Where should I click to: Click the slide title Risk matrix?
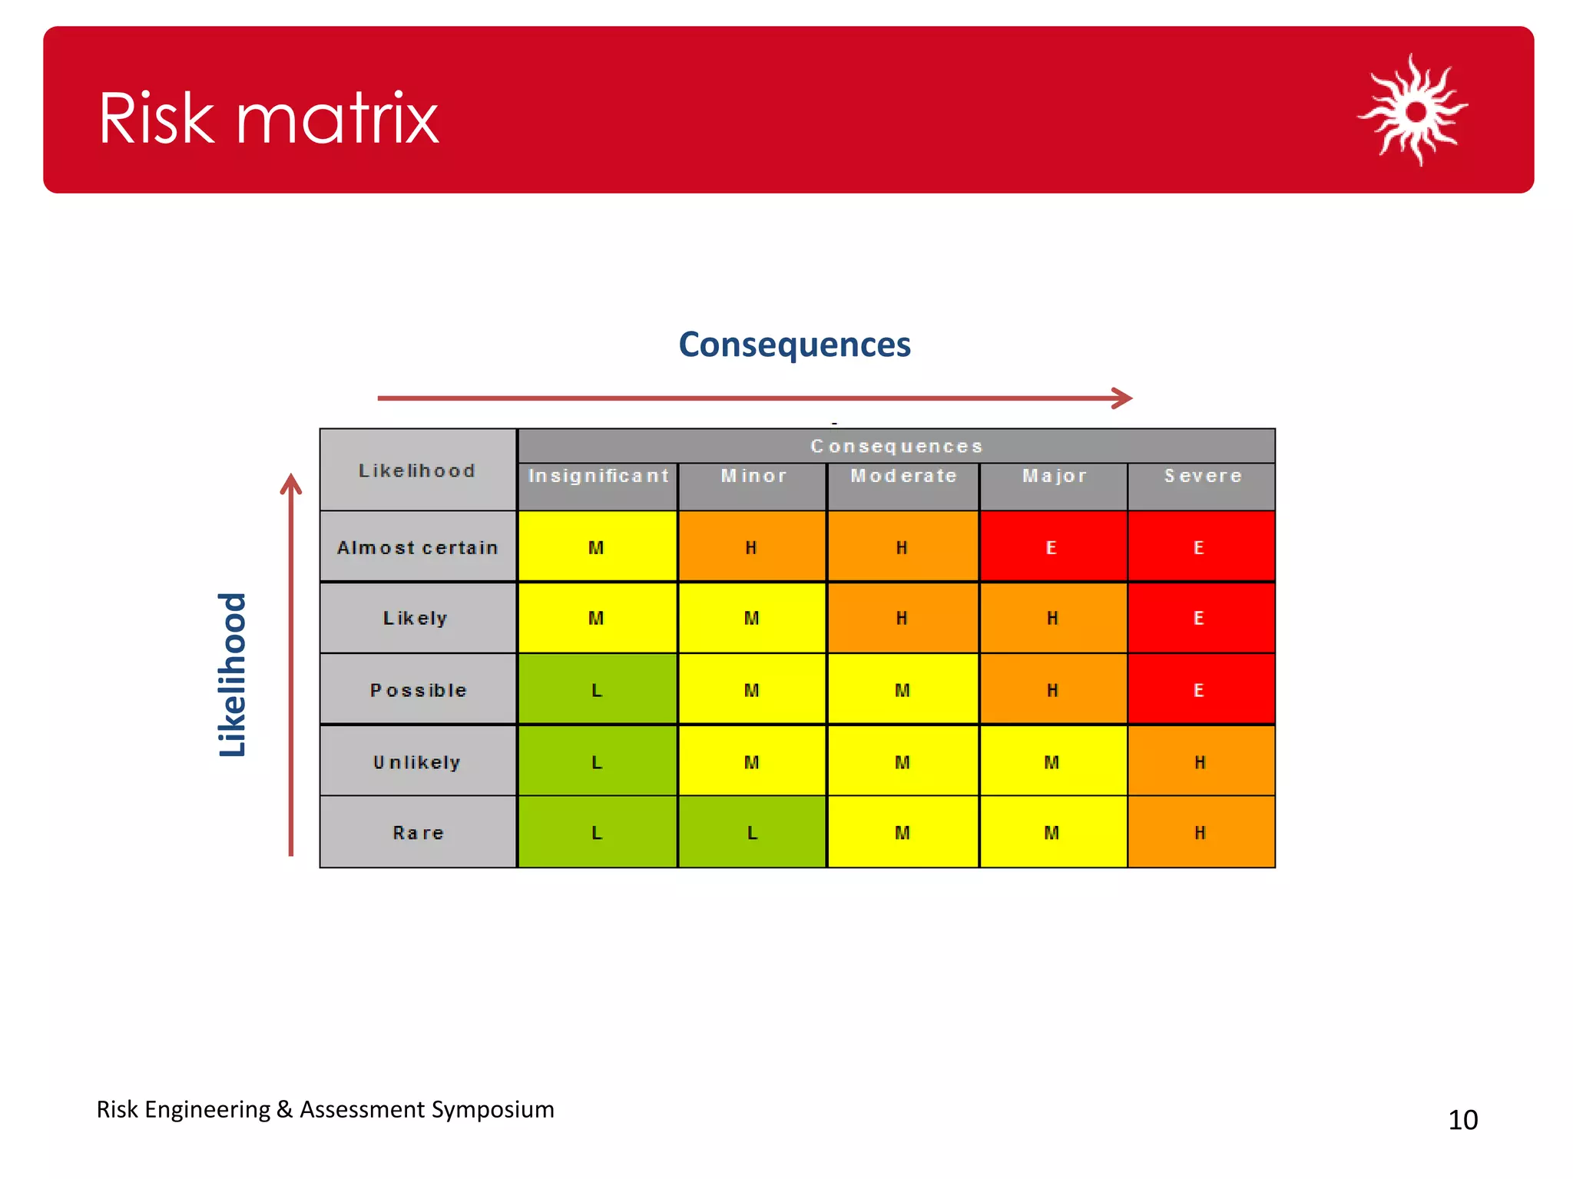click(x=268, y=118)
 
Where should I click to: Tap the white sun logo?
click(x=1413, y=111)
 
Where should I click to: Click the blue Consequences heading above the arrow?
click(x=794, y=344)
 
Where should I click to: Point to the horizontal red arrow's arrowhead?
click(x=1124, y=398)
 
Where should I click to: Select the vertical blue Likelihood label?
click(x=232, y=675)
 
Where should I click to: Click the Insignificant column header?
click(x=598, y=477)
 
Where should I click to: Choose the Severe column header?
click(x=1202, y=477)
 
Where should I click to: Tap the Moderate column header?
click(x=903, y=477)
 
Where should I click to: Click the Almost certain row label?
click(x=418, y=547)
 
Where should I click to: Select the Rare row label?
click(x=418, y=833)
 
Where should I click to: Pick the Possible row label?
click(x=418, y=690)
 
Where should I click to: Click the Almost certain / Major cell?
click(x=1053, y=547)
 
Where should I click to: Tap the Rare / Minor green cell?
click(x=752, y=833)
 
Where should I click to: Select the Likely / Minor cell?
click(x=752, y=618)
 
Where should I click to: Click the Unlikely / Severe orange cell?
click(x=1201, y=761)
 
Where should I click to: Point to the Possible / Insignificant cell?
click(x=598, y=689)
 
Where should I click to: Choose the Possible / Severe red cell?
click(x=1201, y=689)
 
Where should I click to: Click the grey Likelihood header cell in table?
click(x=418, y=470)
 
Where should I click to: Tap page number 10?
click(x=1462, y=1120)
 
